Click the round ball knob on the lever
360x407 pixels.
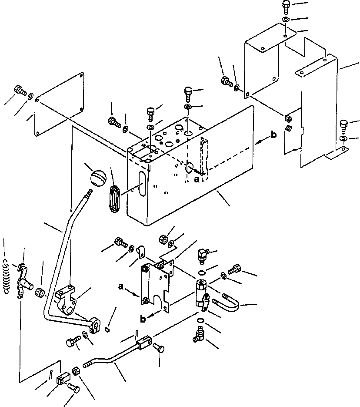(x=99, y=178)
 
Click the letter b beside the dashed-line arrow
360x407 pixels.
(x=273, y=135)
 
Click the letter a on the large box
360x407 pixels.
(x=197, y=178)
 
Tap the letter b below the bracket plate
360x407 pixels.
(x=143, y=320)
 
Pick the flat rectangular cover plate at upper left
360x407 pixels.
(x=61, y=104)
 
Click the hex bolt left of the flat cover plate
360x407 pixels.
(x=21, y=90)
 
